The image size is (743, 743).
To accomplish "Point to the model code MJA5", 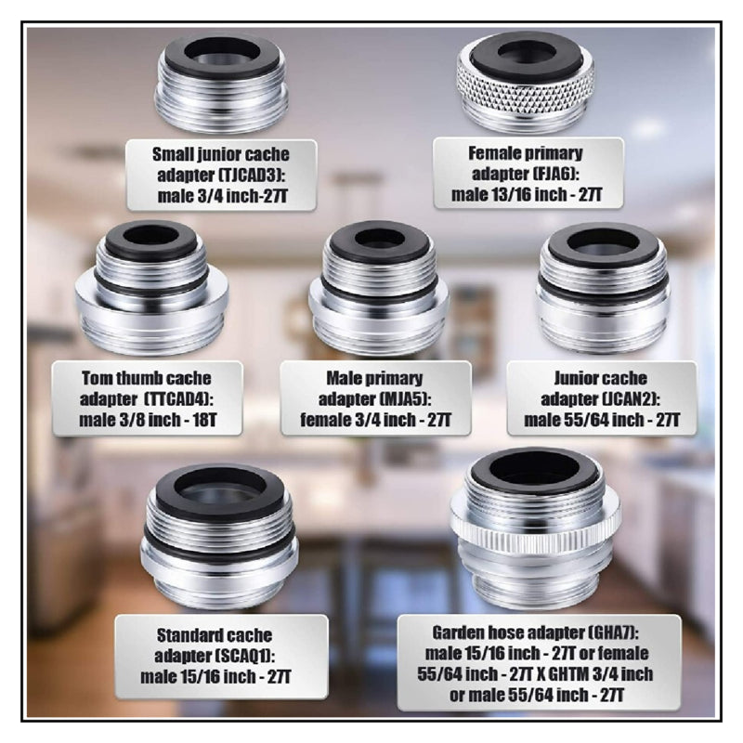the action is (402, 399).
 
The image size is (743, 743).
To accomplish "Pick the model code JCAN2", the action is (630, 399).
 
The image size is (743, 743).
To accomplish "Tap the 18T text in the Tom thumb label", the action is (204, 420).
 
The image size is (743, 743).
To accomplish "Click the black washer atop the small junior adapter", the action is (222, 55).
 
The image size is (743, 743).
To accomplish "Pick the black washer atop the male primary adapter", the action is (380, 241).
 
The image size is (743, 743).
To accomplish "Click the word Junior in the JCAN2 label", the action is (573, 378).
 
